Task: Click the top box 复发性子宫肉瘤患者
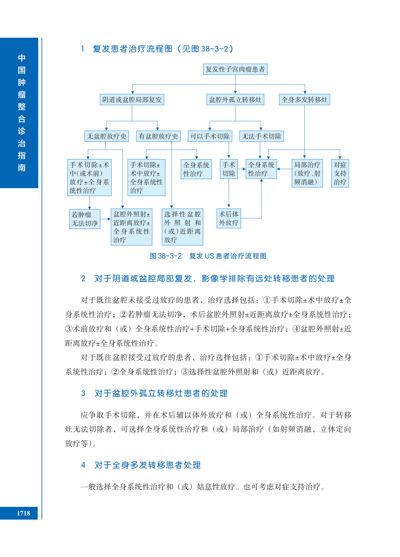(x=235, y=69)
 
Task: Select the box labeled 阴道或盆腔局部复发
(x=132, y=99)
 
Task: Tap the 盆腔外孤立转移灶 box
(x=235, y=99)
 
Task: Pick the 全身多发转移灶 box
(x=304, y=99)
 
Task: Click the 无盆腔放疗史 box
(x=107, y=136)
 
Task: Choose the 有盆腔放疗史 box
(x=158, y=136)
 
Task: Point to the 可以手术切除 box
(x=210, y=136)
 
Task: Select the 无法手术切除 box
(x=261, y=136)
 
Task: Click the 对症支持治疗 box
(x=340, y=173)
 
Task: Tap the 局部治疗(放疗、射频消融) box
(x=307, y=173)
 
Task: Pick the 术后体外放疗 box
(x=229, y=218)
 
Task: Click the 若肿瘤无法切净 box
(x=85, y=219)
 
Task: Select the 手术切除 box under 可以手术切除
(x=229, y=169)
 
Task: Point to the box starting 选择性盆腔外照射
(x=183, y=227)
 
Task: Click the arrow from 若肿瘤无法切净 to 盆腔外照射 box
(x=106, y=219)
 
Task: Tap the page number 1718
(x=24, y=513)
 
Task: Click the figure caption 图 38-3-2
(x=166, y=256)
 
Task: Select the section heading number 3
(x=83, y=393)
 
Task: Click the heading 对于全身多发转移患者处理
(x=148, y=465)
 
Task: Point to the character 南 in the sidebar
(x=22, y=168)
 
